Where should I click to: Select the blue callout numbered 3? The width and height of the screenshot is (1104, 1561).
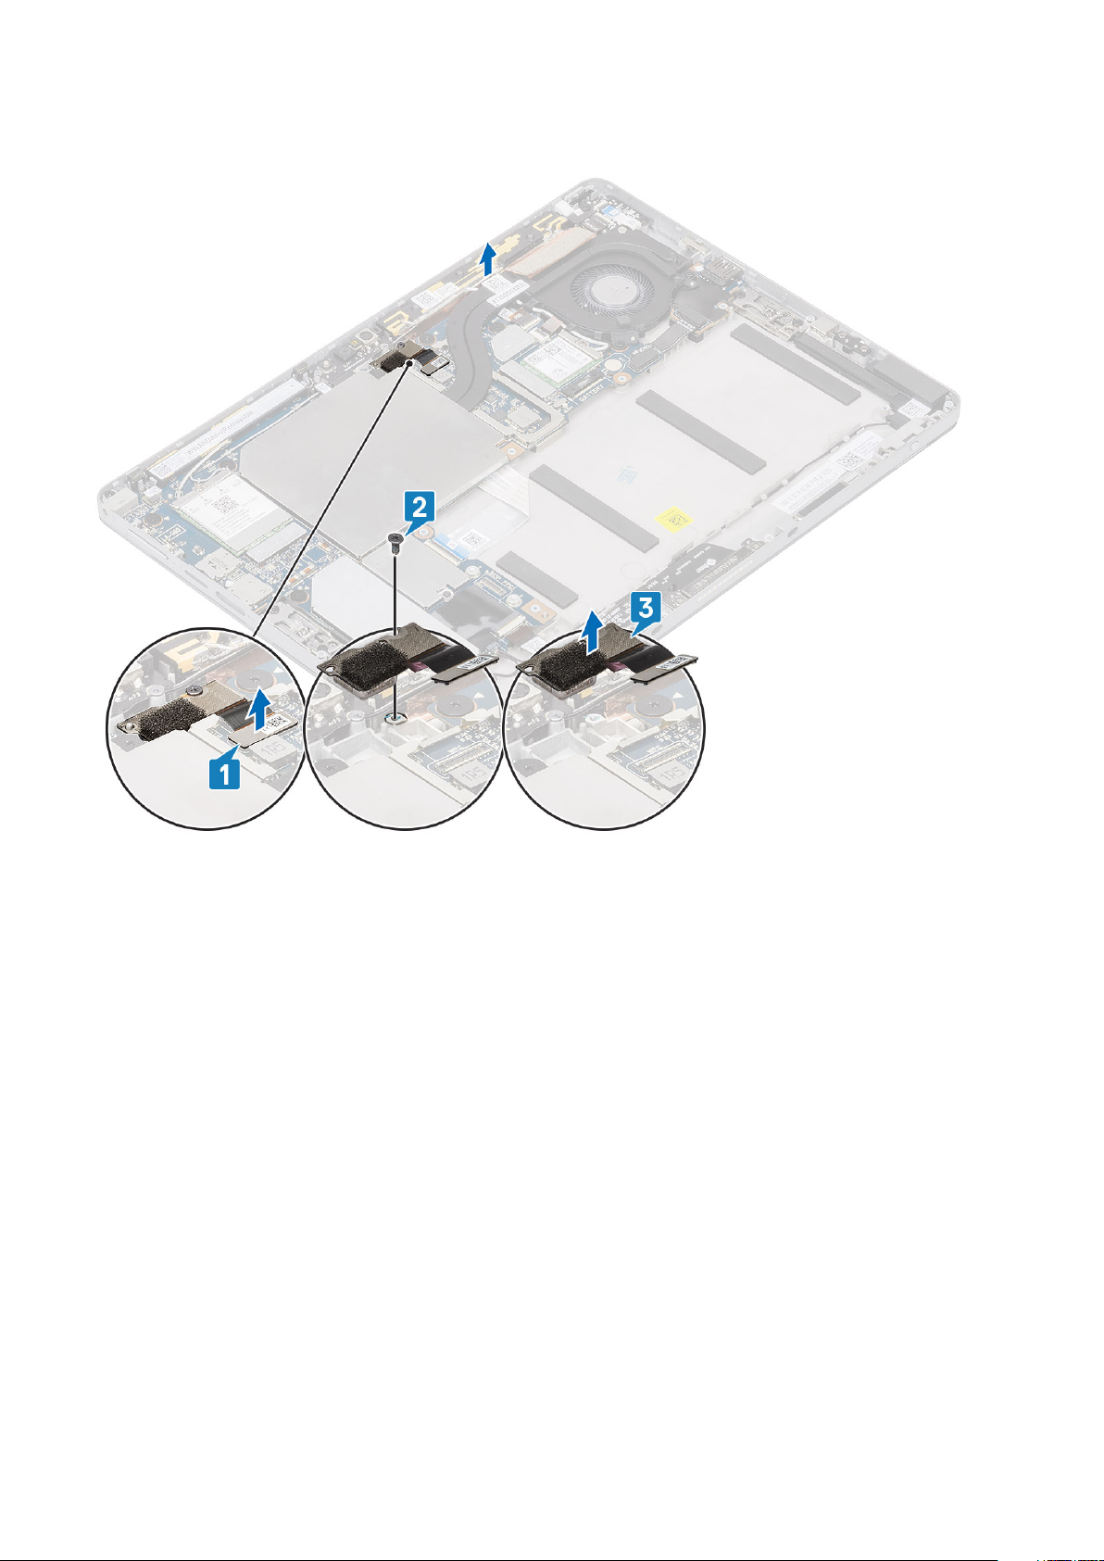coord(645,609)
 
